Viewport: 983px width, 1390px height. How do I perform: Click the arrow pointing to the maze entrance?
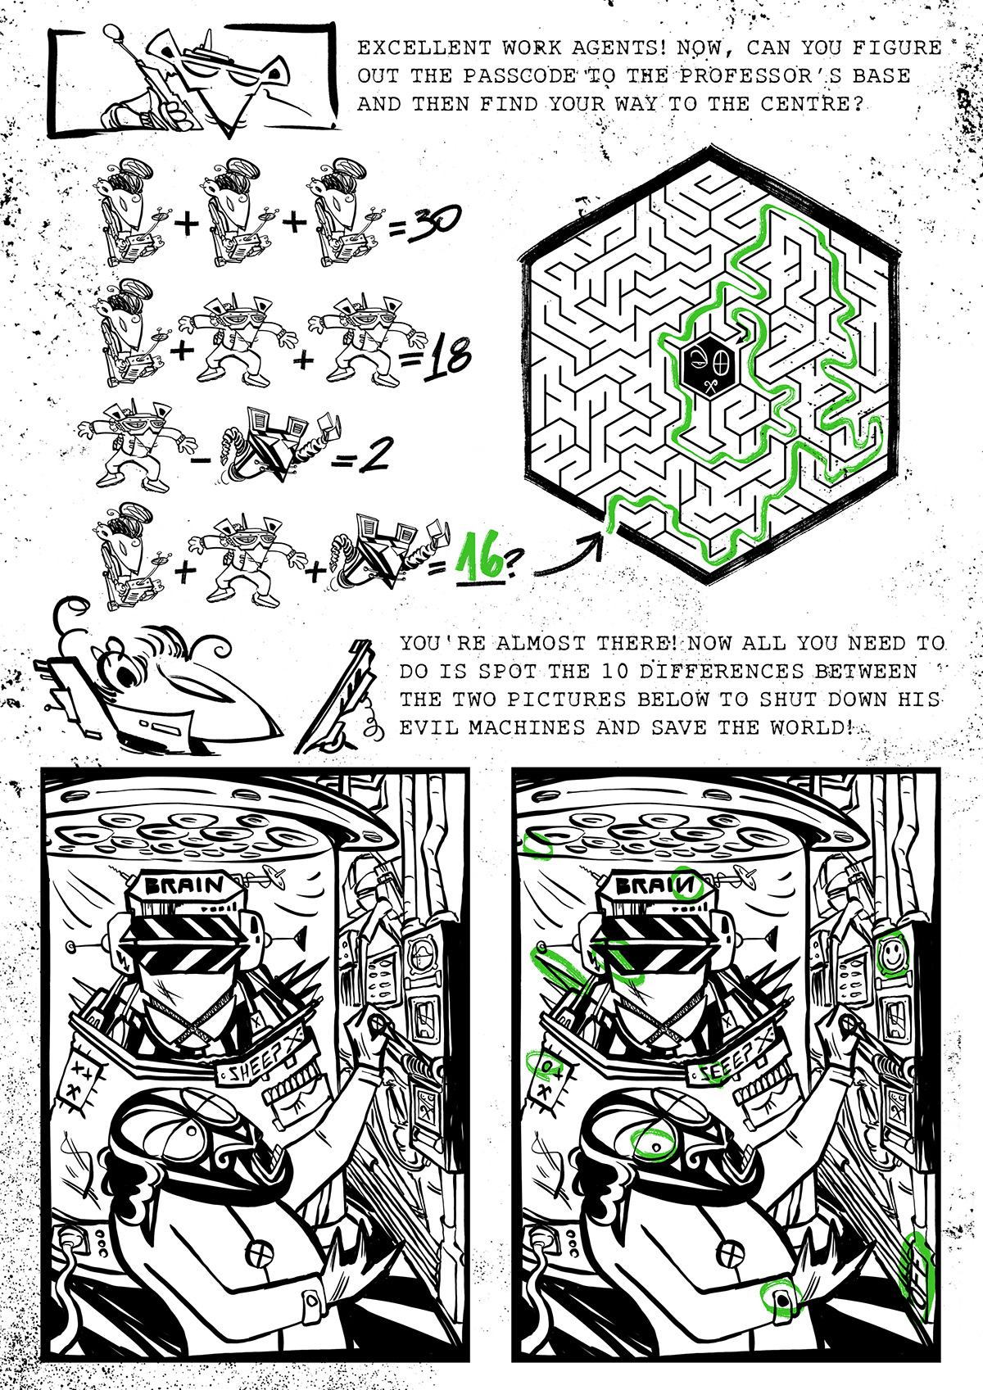(568, 559)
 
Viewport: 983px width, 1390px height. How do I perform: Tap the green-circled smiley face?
(892, 954)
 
